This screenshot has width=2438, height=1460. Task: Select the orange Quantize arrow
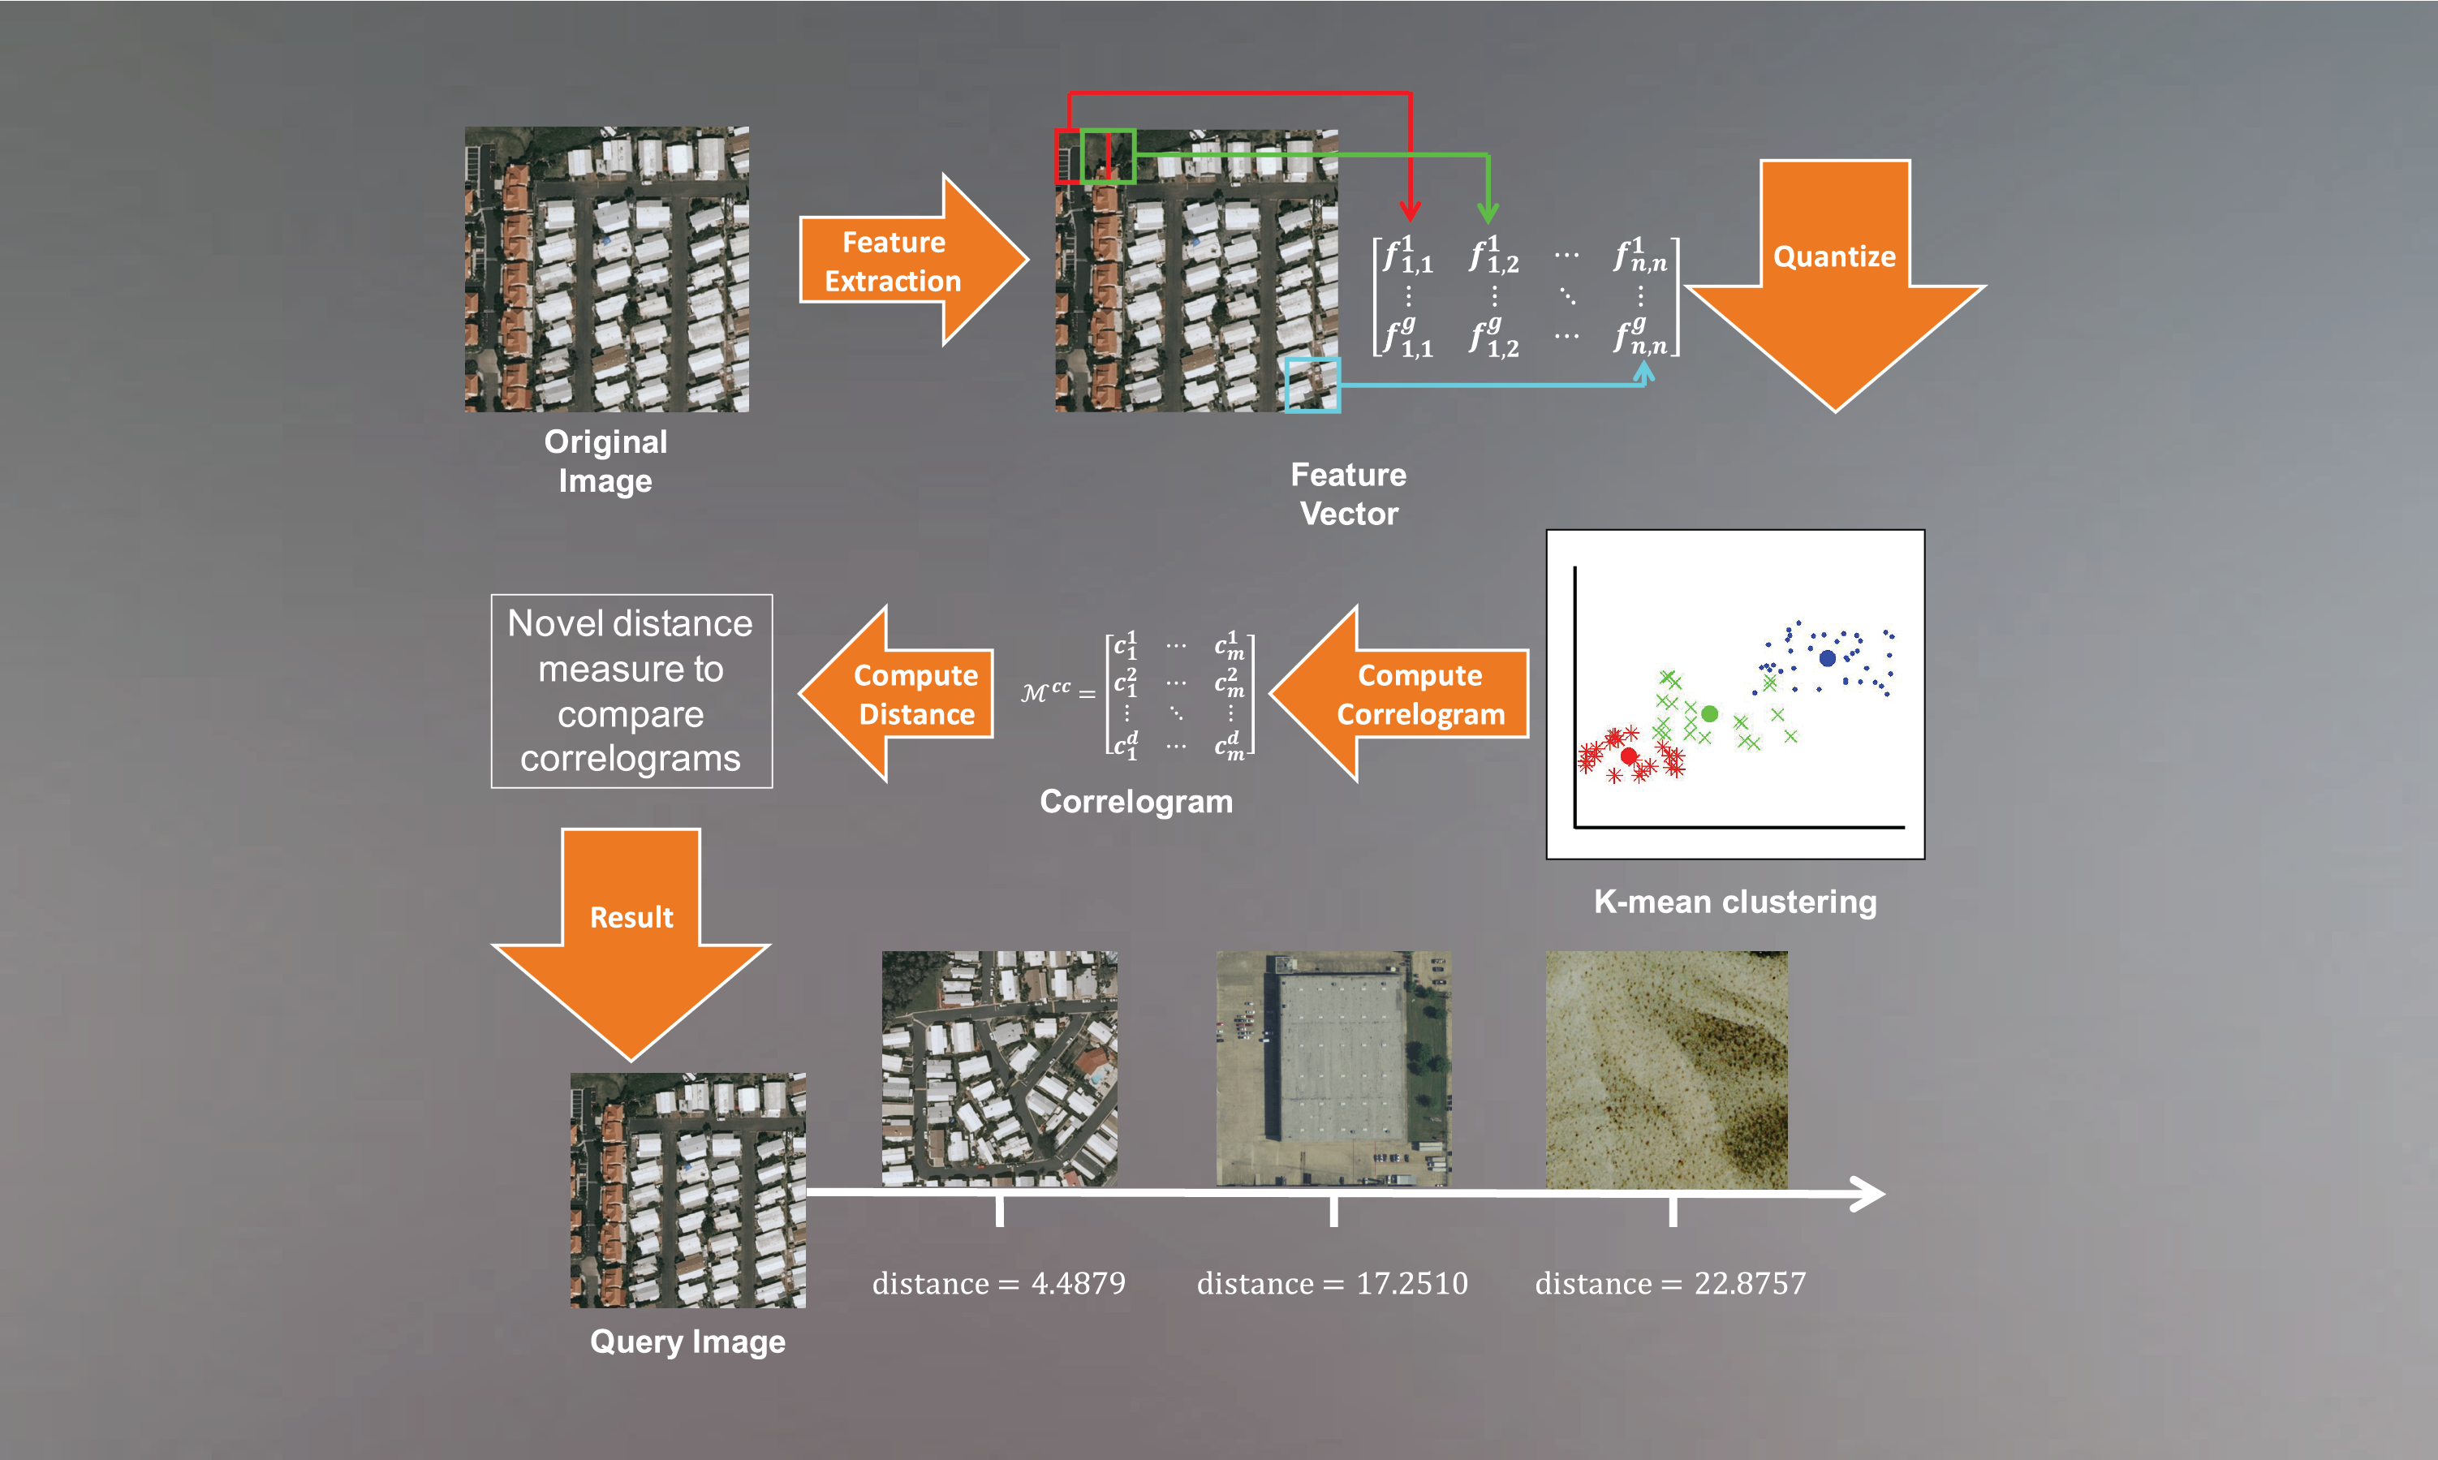click(1835, 286)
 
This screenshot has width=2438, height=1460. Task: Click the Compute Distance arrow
click(896, 695)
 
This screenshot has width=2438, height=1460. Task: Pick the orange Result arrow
click(631, 945)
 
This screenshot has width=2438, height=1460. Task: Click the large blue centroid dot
click(1827, 658)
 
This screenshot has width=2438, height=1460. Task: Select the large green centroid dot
click(1710, 713)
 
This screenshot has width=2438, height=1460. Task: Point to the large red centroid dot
click(1628, 756)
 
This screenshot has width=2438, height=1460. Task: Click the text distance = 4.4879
click(998, 1283)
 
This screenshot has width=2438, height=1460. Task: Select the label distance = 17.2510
click(1332, 1283)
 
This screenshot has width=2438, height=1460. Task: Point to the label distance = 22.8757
click(1670, 1283)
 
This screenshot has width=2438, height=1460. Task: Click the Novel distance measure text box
click(631, 691)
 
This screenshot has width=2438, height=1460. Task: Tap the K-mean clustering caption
click(1735, 901)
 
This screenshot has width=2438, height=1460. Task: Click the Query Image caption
click(687, 1342)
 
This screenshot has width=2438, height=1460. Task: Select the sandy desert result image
click(1667, 1070)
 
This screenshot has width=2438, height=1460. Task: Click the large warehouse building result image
click(1333, 1069)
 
